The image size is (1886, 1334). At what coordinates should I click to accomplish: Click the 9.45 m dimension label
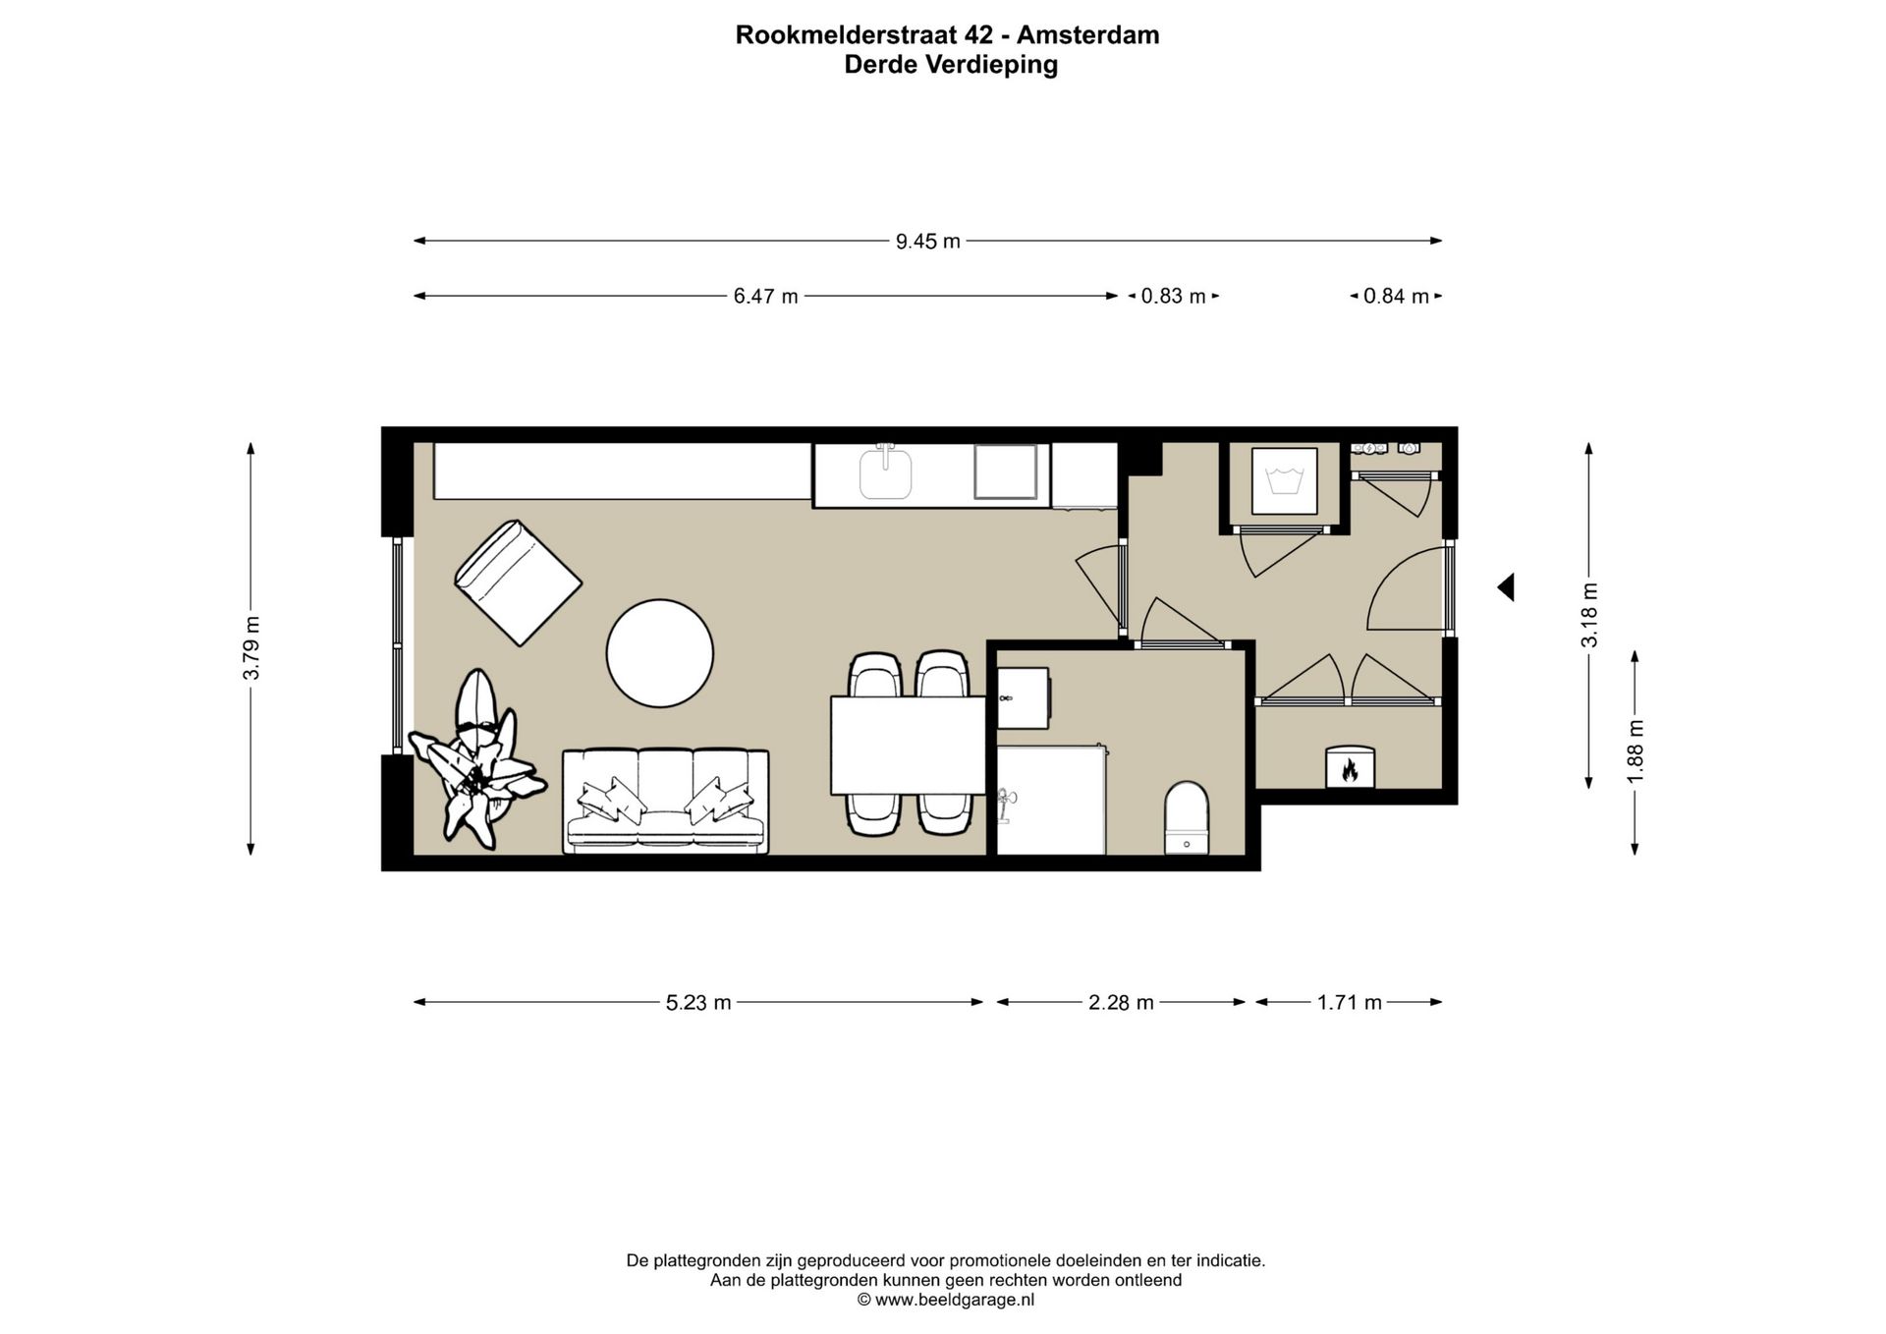927,241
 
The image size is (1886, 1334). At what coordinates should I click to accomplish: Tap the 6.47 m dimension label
765,296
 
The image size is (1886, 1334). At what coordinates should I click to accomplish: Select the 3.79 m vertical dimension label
252,647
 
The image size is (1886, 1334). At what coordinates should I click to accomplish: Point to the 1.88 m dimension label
1635,751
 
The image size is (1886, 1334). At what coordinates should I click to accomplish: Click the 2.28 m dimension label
1120,1002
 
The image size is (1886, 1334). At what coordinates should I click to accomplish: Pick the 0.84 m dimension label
1395,296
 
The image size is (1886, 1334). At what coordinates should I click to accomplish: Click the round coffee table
659,653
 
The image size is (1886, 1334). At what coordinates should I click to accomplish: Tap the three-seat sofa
665,801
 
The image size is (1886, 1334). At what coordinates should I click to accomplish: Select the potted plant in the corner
476,761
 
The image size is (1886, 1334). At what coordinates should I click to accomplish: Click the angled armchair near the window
518,583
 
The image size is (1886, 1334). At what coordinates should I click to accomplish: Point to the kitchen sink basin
885,472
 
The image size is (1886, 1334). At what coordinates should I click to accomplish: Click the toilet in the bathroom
1187,817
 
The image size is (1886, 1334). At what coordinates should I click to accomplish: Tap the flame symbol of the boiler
1350,770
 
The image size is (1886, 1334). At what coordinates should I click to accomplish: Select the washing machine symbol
1284,480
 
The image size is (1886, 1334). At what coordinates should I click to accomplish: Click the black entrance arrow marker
1506,587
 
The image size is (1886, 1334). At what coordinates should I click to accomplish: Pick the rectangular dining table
908,745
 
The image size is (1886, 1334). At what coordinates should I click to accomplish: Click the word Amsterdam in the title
1087,35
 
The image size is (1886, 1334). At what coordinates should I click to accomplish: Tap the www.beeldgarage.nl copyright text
946,1300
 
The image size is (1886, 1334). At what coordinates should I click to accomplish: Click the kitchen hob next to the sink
1006,472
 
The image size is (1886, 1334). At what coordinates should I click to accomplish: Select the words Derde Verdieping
950,65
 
